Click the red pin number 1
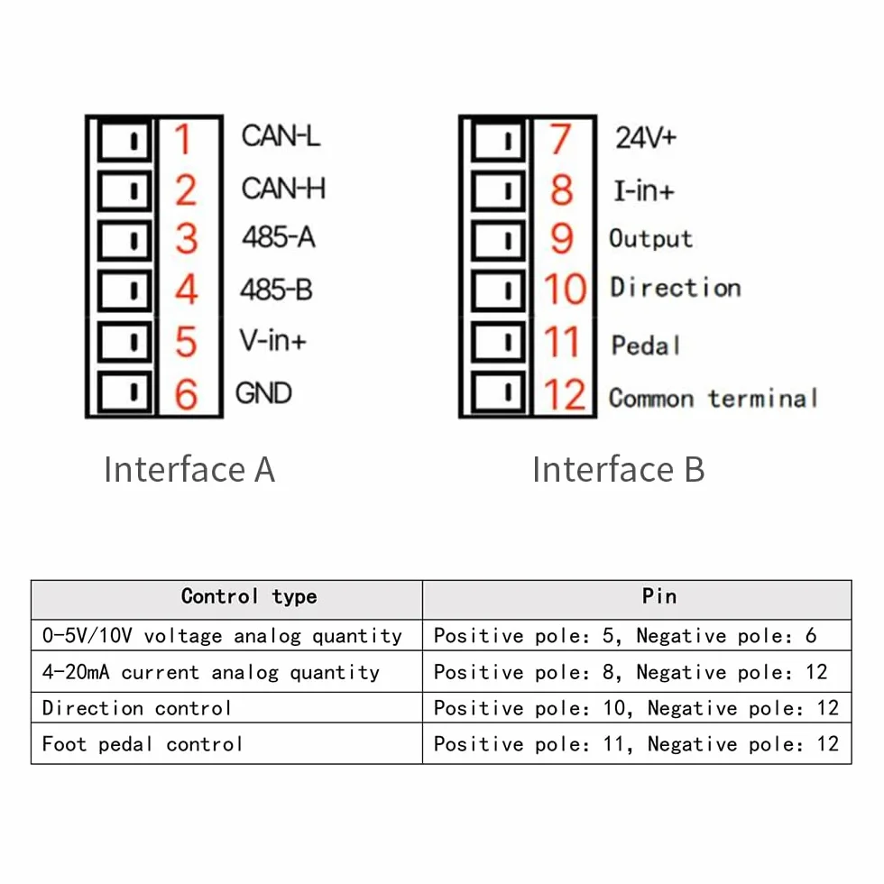(x=182, y=139)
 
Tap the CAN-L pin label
(x=281, y=136)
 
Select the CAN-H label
(x=283, y=189)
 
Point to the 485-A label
(x=279, y=236)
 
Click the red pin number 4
(x=187, y=290)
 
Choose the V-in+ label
(x=272, y=340)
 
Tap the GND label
(x=263, y=393)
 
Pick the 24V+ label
(x=646, y=137)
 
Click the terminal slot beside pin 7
(x=498, y=141)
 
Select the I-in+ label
(x=644, y=190)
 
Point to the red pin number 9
(x=561, y=239)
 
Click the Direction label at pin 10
(x=676, y=288)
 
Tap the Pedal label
(x=646, y=345)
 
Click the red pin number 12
(x=565, y=394)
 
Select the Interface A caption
(x=189, y=469)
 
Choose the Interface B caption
(x=619, y=469)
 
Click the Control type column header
(x=249, y=596)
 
